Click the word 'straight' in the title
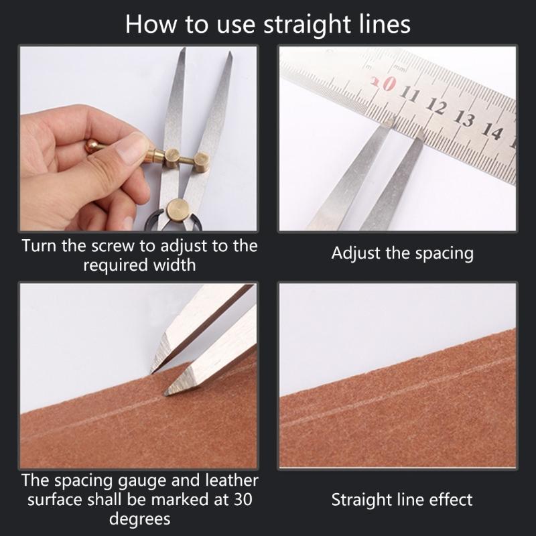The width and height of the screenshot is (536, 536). [307, 25]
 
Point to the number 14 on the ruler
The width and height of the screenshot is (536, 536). [492, 131]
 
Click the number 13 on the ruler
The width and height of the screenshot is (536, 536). [464, 119]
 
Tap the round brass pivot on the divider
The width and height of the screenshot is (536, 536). [178, 209]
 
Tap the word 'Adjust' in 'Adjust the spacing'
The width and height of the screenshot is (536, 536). [356, 254]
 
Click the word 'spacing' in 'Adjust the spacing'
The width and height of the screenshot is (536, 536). [444, 255]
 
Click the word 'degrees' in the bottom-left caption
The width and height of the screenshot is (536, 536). [140, 519]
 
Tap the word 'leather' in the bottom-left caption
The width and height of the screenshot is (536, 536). [232, 480]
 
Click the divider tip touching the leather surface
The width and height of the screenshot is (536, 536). [165, 394]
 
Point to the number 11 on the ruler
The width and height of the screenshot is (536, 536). [409, 94]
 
